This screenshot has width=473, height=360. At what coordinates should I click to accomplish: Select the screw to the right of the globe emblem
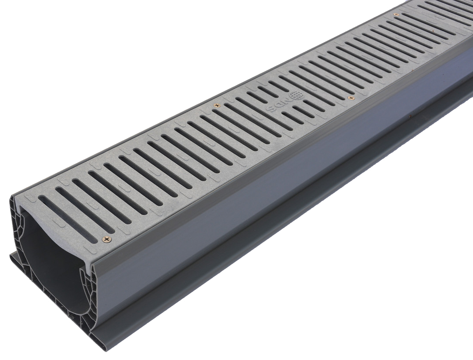350,98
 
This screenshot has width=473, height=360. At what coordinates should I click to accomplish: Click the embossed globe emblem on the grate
295,95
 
